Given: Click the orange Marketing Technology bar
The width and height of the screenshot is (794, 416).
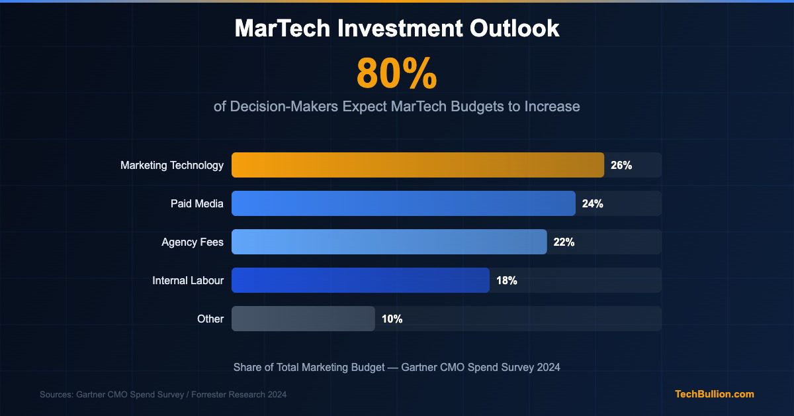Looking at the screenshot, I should click(418, 165).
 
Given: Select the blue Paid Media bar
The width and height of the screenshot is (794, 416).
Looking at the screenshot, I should click(404, 203).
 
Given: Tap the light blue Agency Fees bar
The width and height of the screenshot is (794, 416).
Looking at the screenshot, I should click(389, 242).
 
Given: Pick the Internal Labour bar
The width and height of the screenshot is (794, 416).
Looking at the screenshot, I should click(361, 280).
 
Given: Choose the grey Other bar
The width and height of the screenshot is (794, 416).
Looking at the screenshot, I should click(303, 319).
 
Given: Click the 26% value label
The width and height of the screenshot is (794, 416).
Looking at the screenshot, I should click(621, 166).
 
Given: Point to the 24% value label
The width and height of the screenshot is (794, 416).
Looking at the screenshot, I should click(592, 204).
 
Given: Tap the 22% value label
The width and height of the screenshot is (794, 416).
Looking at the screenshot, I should click(564, 242).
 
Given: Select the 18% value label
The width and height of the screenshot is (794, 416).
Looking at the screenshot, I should click(507, 281).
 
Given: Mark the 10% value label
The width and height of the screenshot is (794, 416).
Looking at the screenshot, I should click(392, 319).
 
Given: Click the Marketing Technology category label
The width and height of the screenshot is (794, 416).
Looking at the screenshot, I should click(172, 166).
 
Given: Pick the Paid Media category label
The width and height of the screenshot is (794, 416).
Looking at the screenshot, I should click(197, 204).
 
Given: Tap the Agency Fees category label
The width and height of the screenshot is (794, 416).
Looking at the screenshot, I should click(193, 242).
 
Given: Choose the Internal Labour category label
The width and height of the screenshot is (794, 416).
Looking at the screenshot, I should click(188, 281).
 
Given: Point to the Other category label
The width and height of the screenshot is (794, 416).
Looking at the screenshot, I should click(210, 319).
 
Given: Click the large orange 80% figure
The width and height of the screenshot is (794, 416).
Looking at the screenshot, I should click(397, 74).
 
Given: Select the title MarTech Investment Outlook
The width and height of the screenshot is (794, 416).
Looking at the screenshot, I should click(397, 28).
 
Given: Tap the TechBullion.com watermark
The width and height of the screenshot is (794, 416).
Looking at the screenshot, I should click(714, 394).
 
